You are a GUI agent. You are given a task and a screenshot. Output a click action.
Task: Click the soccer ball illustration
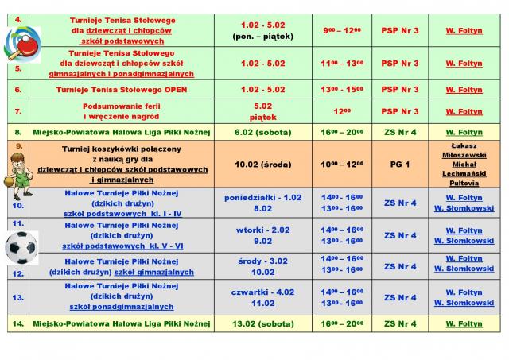point(21,248)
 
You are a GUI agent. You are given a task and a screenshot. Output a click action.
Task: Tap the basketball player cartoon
point(15,170)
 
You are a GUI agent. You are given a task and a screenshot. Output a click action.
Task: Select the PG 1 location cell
point(400,165)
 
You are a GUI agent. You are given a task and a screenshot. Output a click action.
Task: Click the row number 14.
point(17,323)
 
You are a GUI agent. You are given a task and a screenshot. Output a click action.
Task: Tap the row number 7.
point(17,111)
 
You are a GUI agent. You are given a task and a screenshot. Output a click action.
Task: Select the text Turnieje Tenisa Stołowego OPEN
point(122,90)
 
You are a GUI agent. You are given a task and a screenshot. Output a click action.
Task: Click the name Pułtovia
point(464,182)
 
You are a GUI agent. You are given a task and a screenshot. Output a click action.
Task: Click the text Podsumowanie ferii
point(122,106)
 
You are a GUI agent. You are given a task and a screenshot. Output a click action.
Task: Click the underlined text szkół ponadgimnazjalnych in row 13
point(122,306)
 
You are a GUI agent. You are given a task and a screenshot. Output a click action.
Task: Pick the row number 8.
point(17,132)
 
